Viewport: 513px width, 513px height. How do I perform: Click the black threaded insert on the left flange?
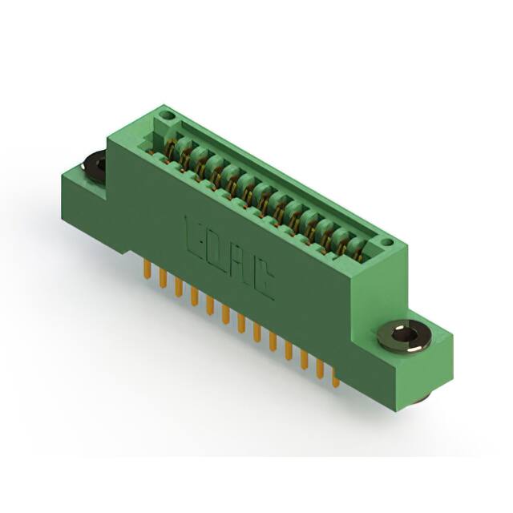94,166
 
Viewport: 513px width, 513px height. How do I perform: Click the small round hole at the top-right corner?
386,241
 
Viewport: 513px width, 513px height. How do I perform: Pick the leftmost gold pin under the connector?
147,270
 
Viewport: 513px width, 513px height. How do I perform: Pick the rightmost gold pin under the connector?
335,377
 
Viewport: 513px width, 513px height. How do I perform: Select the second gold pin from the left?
163,279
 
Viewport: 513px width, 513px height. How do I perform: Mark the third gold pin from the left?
179,288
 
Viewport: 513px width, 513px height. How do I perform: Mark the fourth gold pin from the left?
194,297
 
